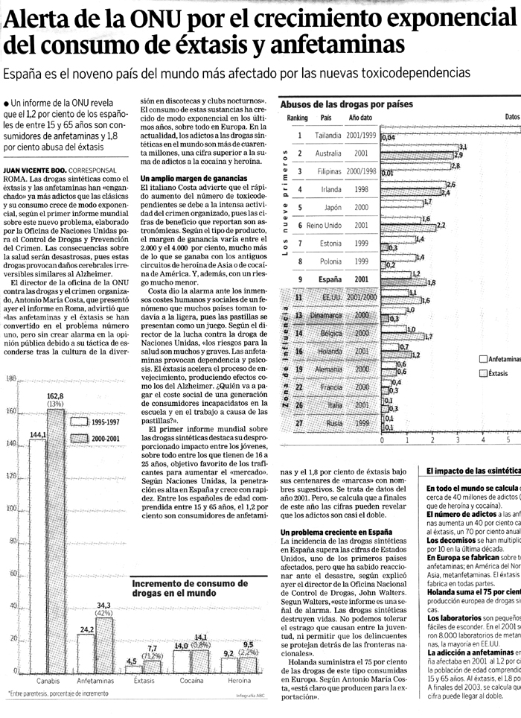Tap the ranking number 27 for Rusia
299,423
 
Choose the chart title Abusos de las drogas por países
346,104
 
